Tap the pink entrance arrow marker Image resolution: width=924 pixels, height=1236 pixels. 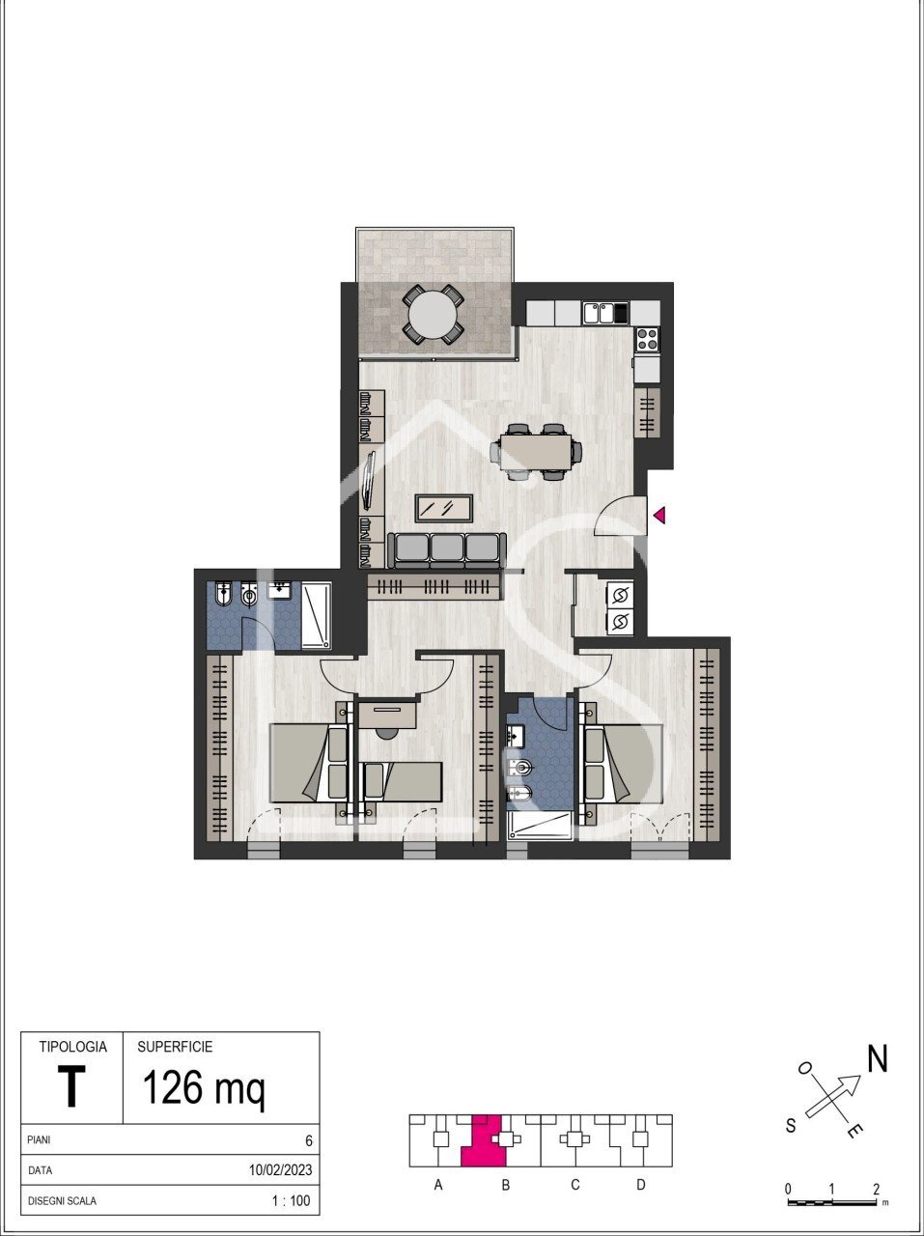[659, 514]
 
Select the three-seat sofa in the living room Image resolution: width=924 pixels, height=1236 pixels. [446, 549]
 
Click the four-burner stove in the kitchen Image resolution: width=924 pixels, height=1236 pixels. [648, 339]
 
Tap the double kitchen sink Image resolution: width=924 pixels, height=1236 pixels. [599, 313]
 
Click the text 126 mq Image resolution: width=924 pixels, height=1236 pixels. [204, 1086]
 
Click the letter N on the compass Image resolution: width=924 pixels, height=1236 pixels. [878, 1058]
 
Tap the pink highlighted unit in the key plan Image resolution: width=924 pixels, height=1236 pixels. [484, 1139]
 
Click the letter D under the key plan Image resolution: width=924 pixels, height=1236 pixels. [641, 1185]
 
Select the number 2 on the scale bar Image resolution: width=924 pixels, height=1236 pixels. [876, 1190]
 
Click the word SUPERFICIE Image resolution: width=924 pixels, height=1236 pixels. [175, 1047]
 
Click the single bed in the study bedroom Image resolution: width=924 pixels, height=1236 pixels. [403, 781]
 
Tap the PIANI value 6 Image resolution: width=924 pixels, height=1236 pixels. [309, 1140]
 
